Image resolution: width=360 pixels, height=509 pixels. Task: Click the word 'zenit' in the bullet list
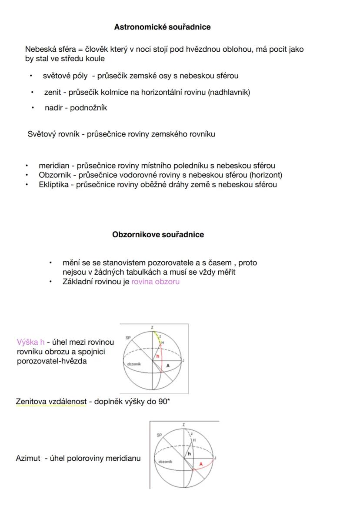(x=52, y=92)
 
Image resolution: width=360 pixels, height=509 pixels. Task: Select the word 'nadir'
(x=54, y=108)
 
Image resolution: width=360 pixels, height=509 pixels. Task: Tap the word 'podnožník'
(x=88, y=108)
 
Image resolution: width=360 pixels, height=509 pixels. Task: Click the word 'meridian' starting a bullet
(x=54, y=166)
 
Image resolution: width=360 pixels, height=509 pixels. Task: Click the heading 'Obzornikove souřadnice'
(x=158, y=235)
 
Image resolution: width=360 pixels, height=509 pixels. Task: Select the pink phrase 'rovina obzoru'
(x=155, y=282)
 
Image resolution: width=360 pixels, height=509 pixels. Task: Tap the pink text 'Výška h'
(x=30, y=342)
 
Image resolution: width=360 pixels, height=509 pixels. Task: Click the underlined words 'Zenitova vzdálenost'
(x=51, y=402)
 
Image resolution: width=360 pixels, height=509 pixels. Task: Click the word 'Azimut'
(x=28, y=458)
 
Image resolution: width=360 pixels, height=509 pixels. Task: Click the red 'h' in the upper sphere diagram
(x=158, y=356)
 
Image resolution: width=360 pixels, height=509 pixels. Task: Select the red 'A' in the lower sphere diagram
(x=200, y=464)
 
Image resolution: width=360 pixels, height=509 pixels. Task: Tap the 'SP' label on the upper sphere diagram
(x=128, y=338)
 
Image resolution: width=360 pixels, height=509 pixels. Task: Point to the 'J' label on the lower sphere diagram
(x=216, y=458)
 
